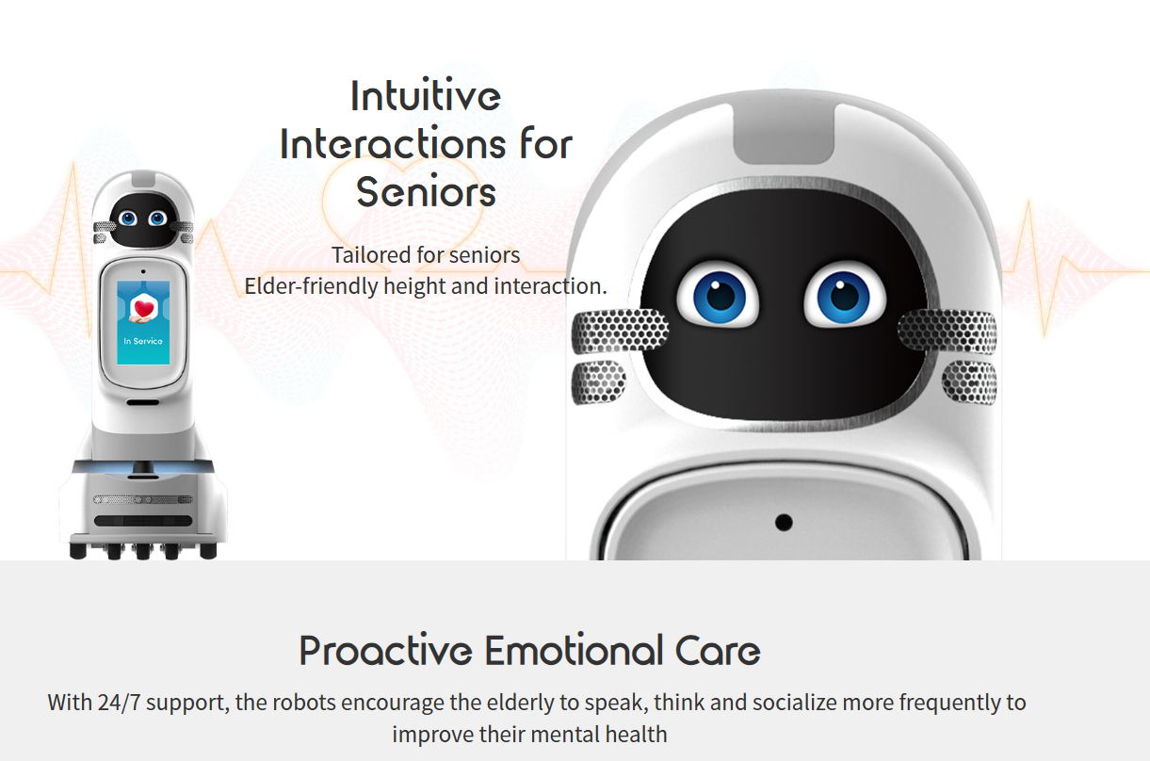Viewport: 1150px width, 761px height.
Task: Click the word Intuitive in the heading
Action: tap(426, 95)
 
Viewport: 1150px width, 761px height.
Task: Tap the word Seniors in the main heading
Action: tap(426, 191)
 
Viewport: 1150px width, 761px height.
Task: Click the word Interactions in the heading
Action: tap(393, 143)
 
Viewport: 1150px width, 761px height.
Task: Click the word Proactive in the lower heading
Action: tap(385, 650)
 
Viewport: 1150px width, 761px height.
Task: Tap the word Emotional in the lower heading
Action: tap(574, 650)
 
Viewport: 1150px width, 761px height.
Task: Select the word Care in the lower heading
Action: tap(718, 650)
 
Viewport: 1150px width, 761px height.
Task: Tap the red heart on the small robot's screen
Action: tap(143, 308)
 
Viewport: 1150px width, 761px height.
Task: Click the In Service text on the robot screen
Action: tap(143, 341)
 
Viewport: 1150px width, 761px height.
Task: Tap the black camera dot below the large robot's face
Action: tap(784, 523)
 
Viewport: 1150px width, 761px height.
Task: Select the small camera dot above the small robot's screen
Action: tap(143, 271)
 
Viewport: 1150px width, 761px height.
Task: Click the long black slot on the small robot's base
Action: tap(143, 521)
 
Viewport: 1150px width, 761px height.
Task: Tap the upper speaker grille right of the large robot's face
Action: tap(948, 332)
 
